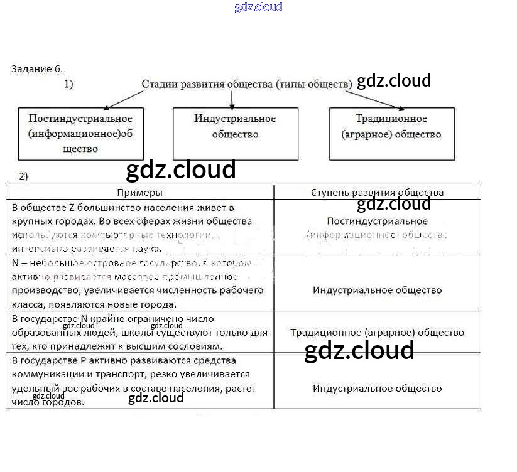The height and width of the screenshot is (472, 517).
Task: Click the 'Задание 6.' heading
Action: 37,68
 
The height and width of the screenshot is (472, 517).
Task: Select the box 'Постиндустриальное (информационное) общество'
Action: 80,133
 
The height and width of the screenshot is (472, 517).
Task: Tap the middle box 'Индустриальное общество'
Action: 235,133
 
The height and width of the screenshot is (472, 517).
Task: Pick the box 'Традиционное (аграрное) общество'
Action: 391,133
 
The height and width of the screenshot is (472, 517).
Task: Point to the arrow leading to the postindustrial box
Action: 123,99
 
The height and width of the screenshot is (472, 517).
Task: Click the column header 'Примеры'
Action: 139,193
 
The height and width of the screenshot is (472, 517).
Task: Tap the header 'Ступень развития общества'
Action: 377,193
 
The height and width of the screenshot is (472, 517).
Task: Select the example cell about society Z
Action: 139,227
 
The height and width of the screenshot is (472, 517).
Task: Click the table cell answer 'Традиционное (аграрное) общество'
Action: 377,333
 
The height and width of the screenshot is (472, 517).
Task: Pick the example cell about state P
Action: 139,381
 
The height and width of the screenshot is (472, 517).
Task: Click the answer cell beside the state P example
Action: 377,389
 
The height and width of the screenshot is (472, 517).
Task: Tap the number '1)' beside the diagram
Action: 68,83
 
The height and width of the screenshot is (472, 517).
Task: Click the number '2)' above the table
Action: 23,176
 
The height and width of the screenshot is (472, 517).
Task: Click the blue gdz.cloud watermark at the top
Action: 258,7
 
